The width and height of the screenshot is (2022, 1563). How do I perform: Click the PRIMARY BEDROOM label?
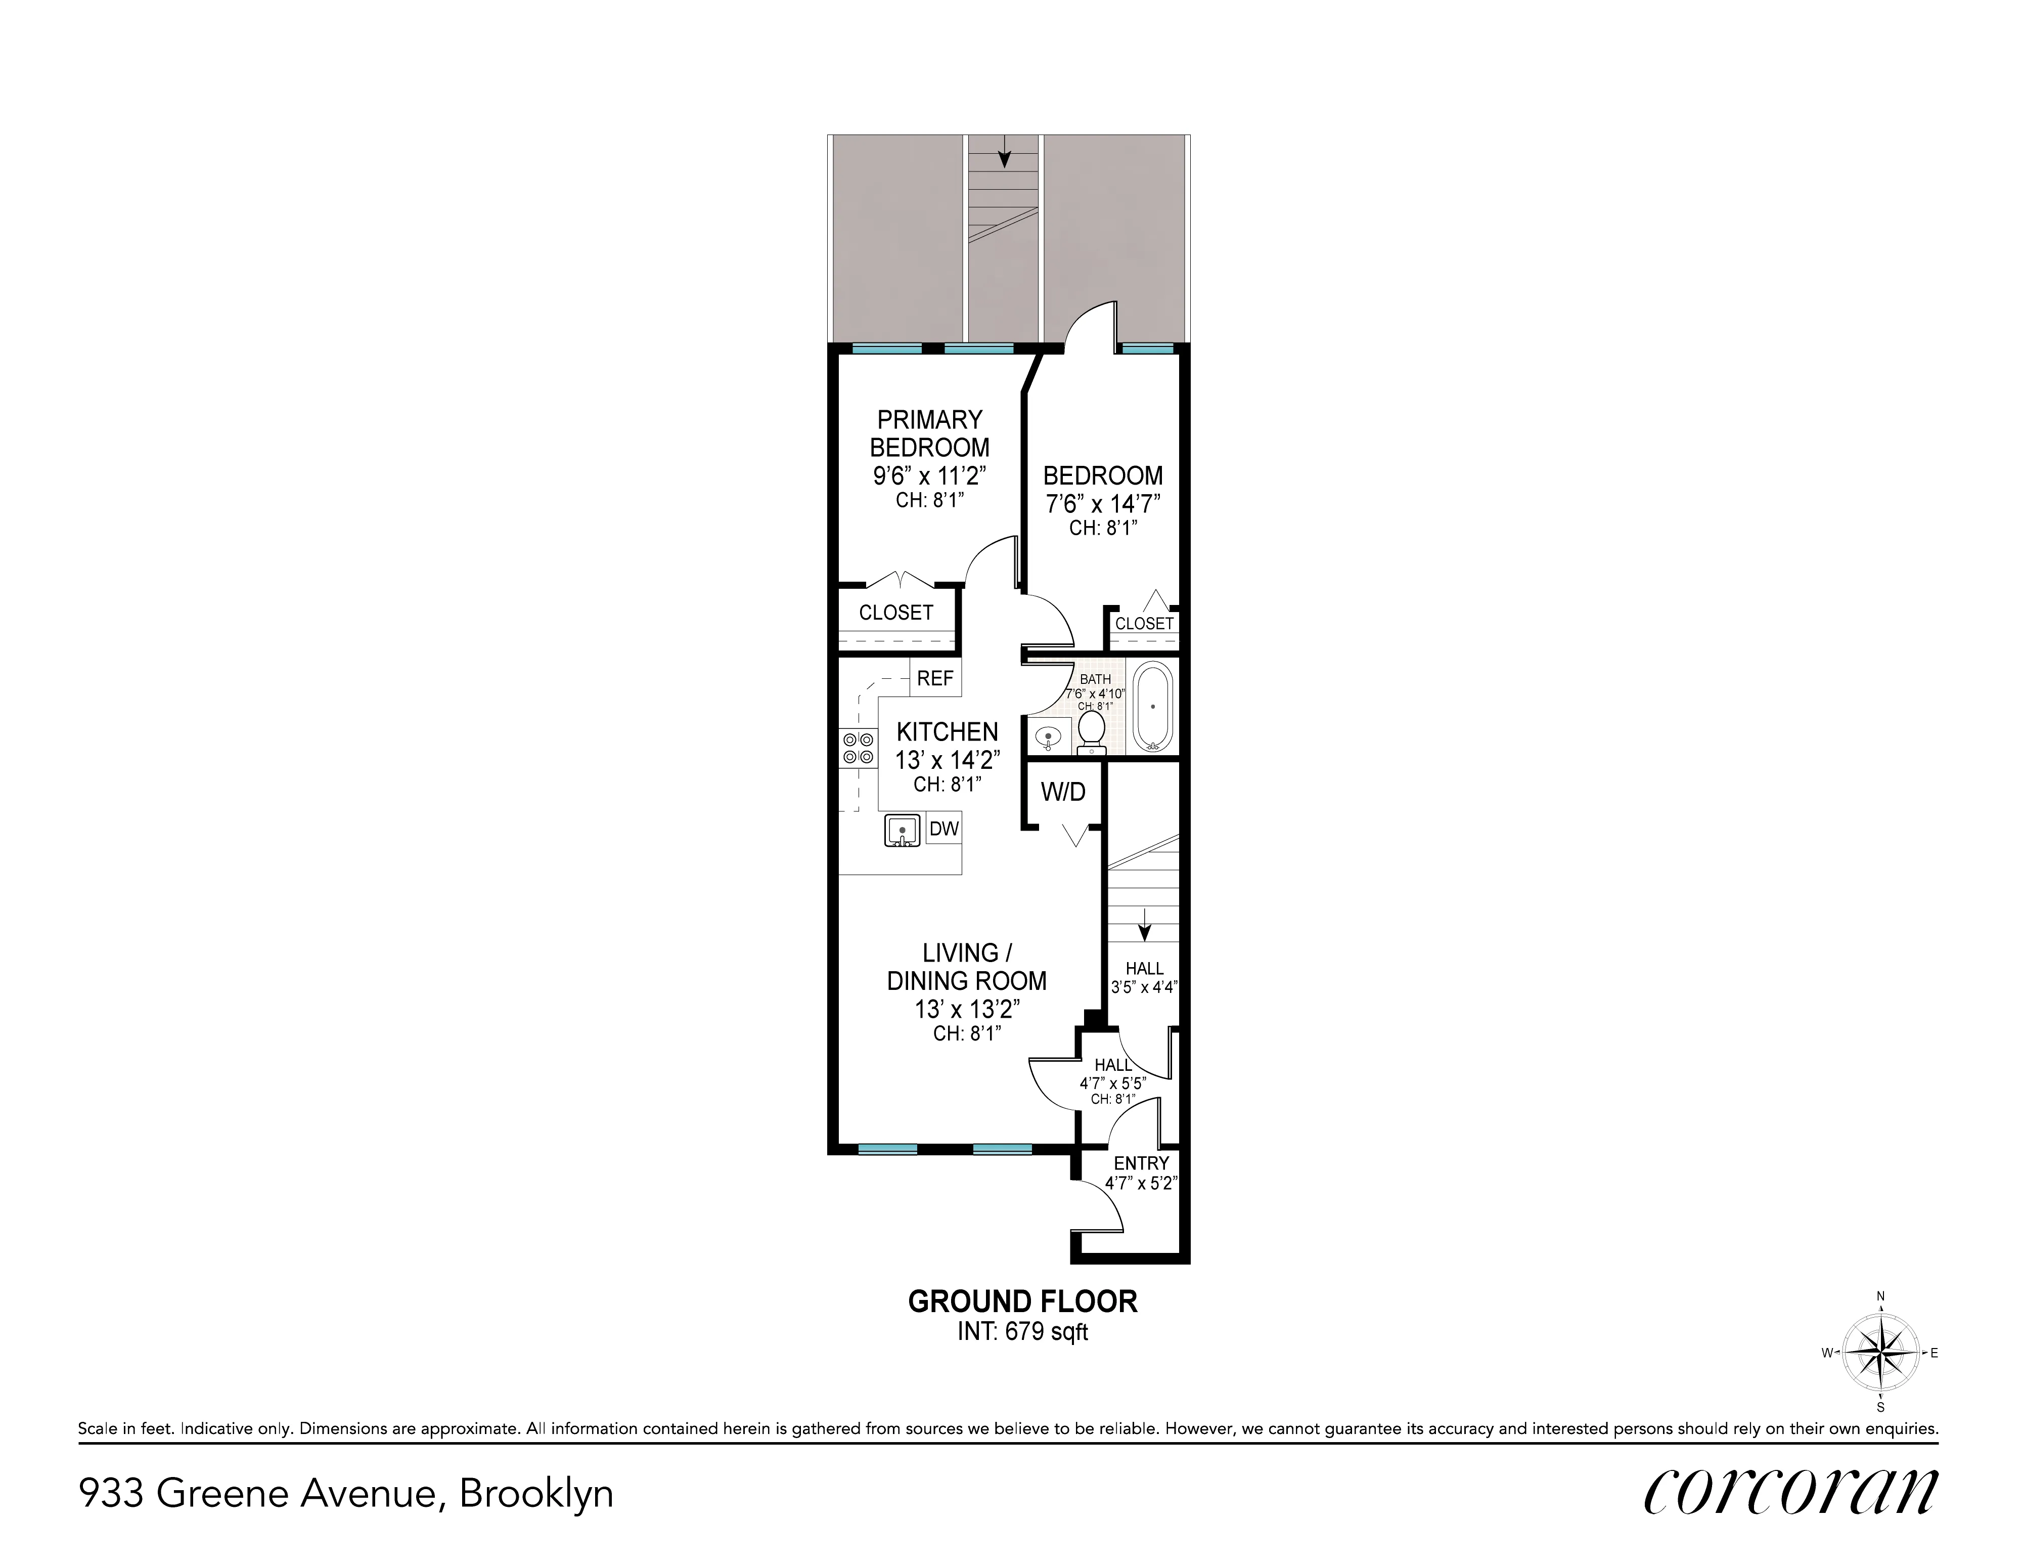[929, 433]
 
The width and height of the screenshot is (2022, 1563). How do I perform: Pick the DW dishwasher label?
[943, 829]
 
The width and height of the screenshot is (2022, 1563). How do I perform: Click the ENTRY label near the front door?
[1141, 1163]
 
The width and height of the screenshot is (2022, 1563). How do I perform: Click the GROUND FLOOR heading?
[1022, 1302]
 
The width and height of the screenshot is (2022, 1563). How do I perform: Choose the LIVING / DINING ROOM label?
[967, 967]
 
